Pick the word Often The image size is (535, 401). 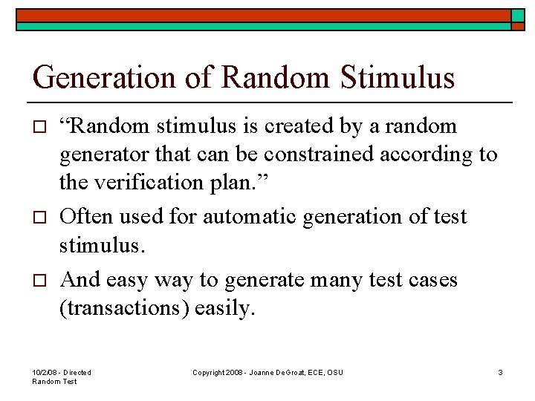[x=83, y=217]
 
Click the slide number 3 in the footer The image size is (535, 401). [x=500, y=372]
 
